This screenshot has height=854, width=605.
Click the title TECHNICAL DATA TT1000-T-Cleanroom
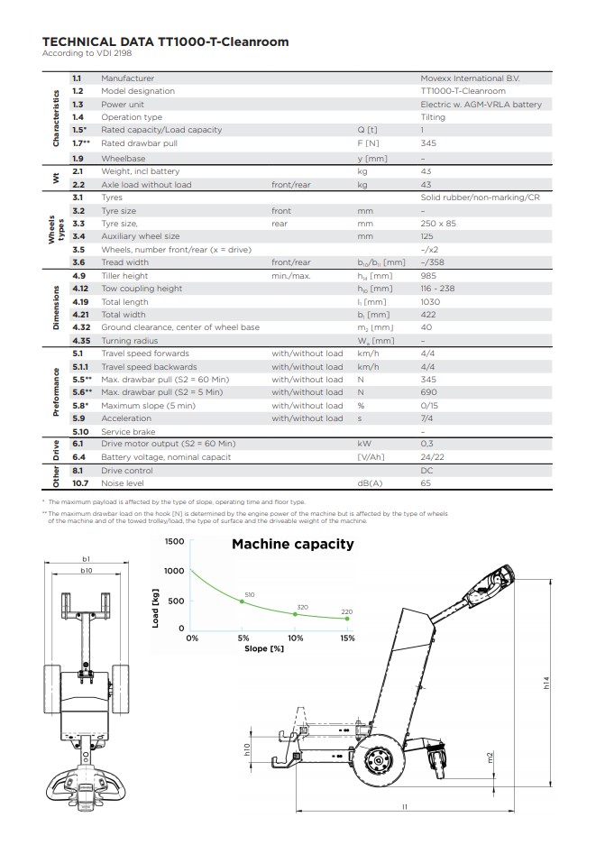point(166,42)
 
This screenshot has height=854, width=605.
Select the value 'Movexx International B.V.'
point(470,78)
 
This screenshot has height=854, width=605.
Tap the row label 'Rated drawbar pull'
point(140,143)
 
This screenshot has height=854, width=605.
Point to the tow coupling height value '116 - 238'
point(437,289)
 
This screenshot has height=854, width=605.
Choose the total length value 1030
point(430,302)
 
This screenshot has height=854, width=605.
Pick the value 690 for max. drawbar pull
point(428,392)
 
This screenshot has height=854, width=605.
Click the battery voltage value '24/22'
point(433,457)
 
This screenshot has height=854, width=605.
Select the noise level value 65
point(426,483)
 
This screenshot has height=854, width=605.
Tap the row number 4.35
point(81,341)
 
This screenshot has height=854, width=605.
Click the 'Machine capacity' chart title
point(293,544)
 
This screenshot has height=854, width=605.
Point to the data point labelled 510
point(242,601)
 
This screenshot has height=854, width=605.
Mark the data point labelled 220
point(347,619)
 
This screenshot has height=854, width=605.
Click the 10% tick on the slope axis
point(295,638)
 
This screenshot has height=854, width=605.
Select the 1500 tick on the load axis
point(174,541)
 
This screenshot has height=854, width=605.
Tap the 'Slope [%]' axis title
point(264,648)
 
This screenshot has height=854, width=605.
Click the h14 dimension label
point(546,683)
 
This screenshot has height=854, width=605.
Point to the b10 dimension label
point(87,571)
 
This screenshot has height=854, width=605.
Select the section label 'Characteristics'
point(56,118)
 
